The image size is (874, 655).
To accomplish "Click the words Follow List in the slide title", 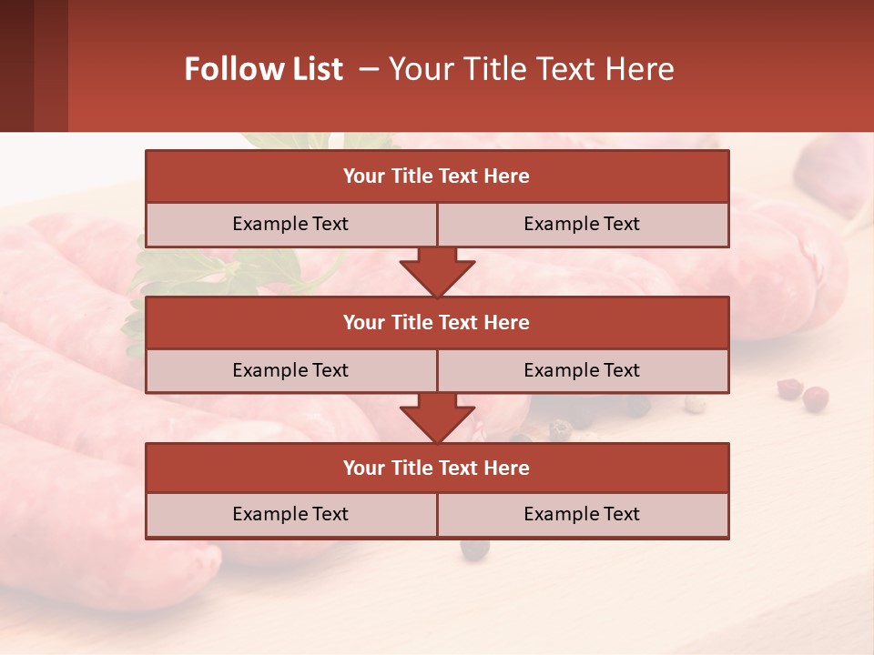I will [264, 69].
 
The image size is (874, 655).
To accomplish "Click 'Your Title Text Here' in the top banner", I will [531, 69].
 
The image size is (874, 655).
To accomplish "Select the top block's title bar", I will [437, 176].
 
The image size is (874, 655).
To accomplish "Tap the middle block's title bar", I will [437, 323].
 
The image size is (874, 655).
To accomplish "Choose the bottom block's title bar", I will [437, 469].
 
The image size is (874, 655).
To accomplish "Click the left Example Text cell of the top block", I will [290, 225].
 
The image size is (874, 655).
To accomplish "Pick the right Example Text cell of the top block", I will [582, 225].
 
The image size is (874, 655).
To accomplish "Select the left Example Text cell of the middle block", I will [290, 371].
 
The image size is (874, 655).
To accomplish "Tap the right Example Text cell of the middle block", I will [582, 371].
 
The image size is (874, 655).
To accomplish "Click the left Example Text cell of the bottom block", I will [290, 515].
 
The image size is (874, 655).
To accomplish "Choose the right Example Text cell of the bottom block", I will [582, 515].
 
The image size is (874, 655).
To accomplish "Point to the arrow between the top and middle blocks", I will [437, 272].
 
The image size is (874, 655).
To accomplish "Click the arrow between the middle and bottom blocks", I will [437, 418].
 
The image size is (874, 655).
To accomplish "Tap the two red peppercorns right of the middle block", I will [803, 393].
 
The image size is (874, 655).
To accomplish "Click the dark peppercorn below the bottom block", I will [473, 549].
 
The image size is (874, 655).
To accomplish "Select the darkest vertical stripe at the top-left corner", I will [16, 65].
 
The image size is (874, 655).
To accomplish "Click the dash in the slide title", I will [369, 69].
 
